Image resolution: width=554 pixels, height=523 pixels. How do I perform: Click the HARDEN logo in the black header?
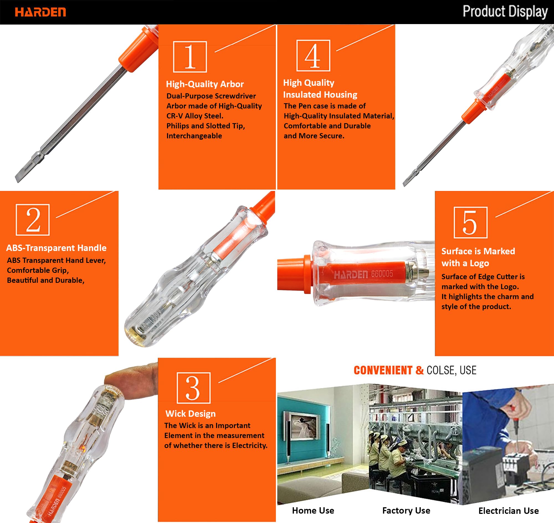coord(40,12)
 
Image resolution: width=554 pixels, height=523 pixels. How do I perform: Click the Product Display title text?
coord(505,12)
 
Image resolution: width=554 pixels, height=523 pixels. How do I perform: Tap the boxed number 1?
coord(190,57)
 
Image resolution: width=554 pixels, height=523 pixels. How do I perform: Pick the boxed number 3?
coord(194,388)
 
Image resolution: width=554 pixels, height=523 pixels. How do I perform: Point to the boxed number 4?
coord(313,55)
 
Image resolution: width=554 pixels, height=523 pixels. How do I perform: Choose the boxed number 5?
coord(471,222)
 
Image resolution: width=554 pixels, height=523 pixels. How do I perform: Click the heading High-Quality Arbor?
coord(205,84)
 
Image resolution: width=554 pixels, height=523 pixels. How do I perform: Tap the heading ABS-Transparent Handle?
coord(57,248)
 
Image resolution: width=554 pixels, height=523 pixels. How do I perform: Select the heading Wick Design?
coord(191,413)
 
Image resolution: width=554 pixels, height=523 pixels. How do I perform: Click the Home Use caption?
coord(313,511)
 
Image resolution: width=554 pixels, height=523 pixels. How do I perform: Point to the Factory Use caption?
coord(406,511)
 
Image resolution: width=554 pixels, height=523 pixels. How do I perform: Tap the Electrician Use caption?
coord(509,511)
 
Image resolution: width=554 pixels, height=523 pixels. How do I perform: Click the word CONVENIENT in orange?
coord(383,370)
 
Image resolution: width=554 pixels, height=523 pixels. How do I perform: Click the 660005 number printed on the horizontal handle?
coord(382,274)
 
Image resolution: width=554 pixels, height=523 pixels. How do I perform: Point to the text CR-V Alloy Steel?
coord(195,116)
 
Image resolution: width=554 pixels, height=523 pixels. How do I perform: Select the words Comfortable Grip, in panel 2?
coord(38,270)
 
